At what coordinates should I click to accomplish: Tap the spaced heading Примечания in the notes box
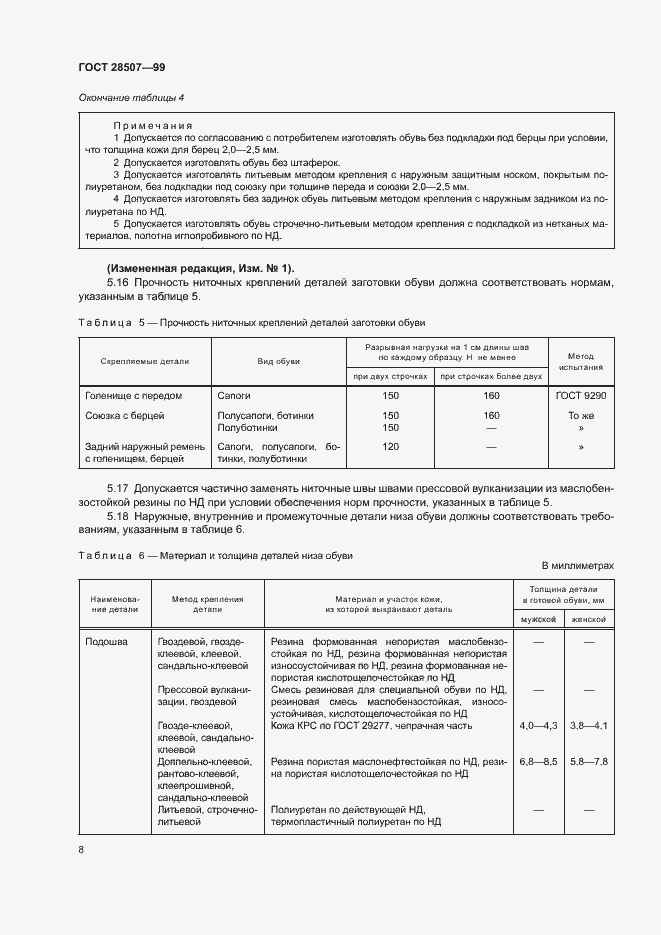pos(151,125)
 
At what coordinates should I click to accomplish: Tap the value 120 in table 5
pos(391,446)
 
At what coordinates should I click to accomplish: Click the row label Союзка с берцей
pos(125,415)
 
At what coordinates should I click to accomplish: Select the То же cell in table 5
pos(580,415)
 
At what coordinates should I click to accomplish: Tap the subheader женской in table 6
pos(589,619)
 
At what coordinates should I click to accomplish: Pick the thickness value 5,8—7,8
pos(589,762)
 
